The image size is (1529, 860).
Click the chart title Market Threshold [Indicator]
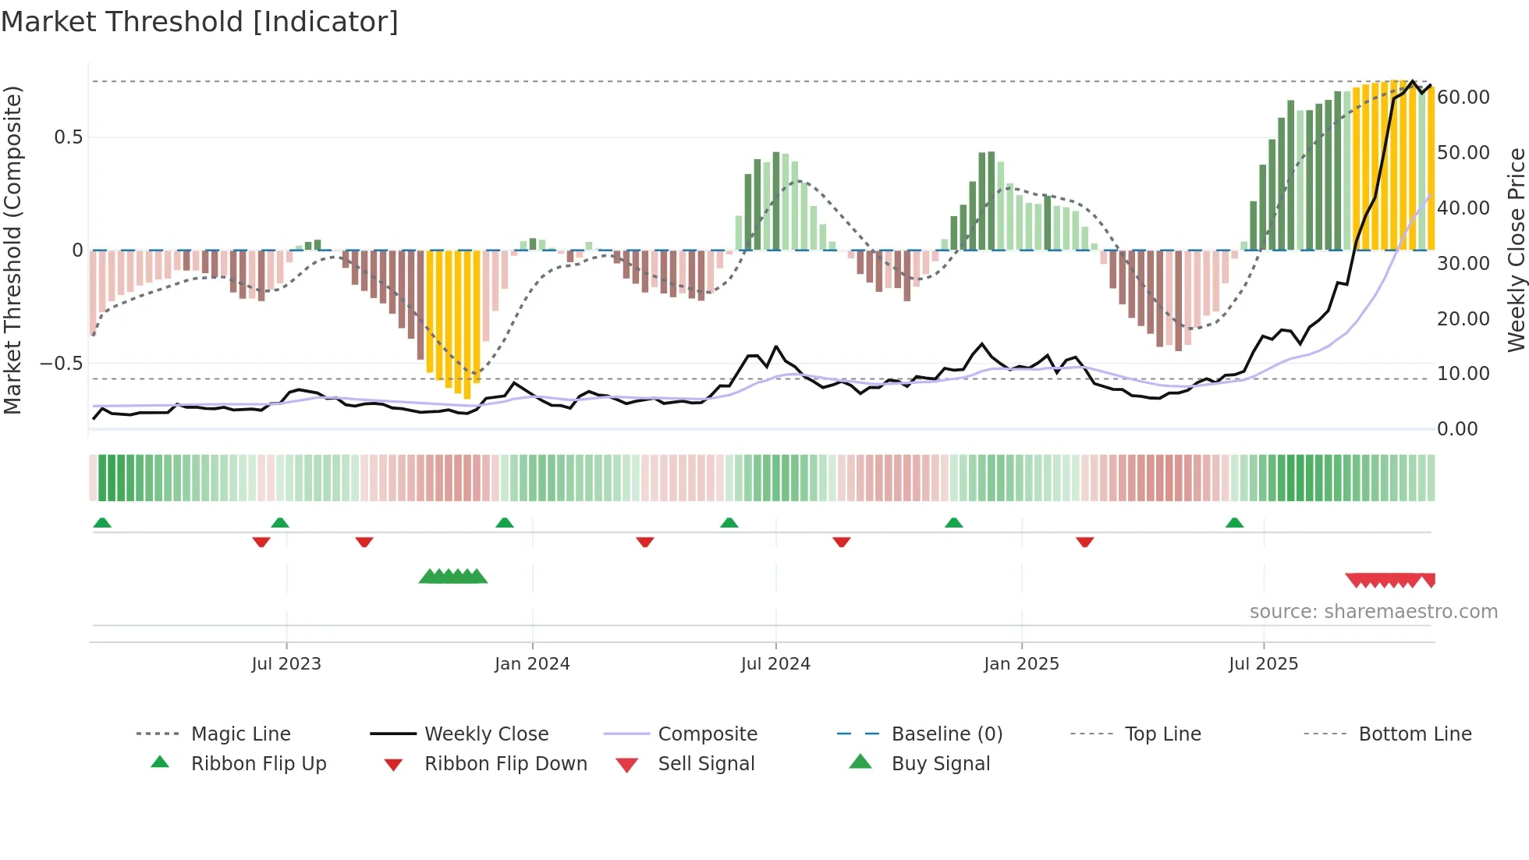[200, 22]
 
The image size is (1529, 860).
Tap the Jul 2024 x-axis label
[775, 664]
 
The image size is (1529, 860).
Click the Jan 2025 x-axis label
[1021, 664]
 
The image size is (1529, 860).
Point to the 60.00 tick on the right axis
[1463, 98]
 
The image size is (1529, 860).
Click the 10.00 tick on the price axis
[1463, 374]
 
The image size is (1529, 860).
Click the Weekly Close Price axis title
[1516, 250]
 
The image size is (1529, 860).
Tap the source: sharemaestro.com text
[1373, 612]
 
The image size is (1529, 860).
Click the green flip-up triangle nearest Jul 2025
[1234, 523]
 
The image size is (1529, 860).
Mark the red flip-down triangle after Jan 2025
[1084, 542]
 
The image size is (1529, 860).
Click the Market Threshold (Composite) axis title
[12, 250]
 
